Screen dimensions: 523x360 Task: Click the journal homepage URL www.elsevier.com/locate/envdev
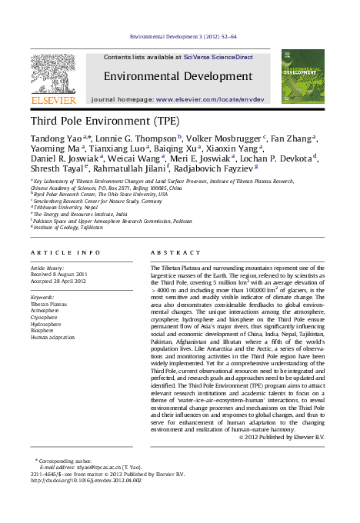click(x=210, y=100)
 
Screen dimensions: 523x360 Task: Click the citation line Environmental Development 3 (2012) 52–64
click(x=183, y=36)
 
